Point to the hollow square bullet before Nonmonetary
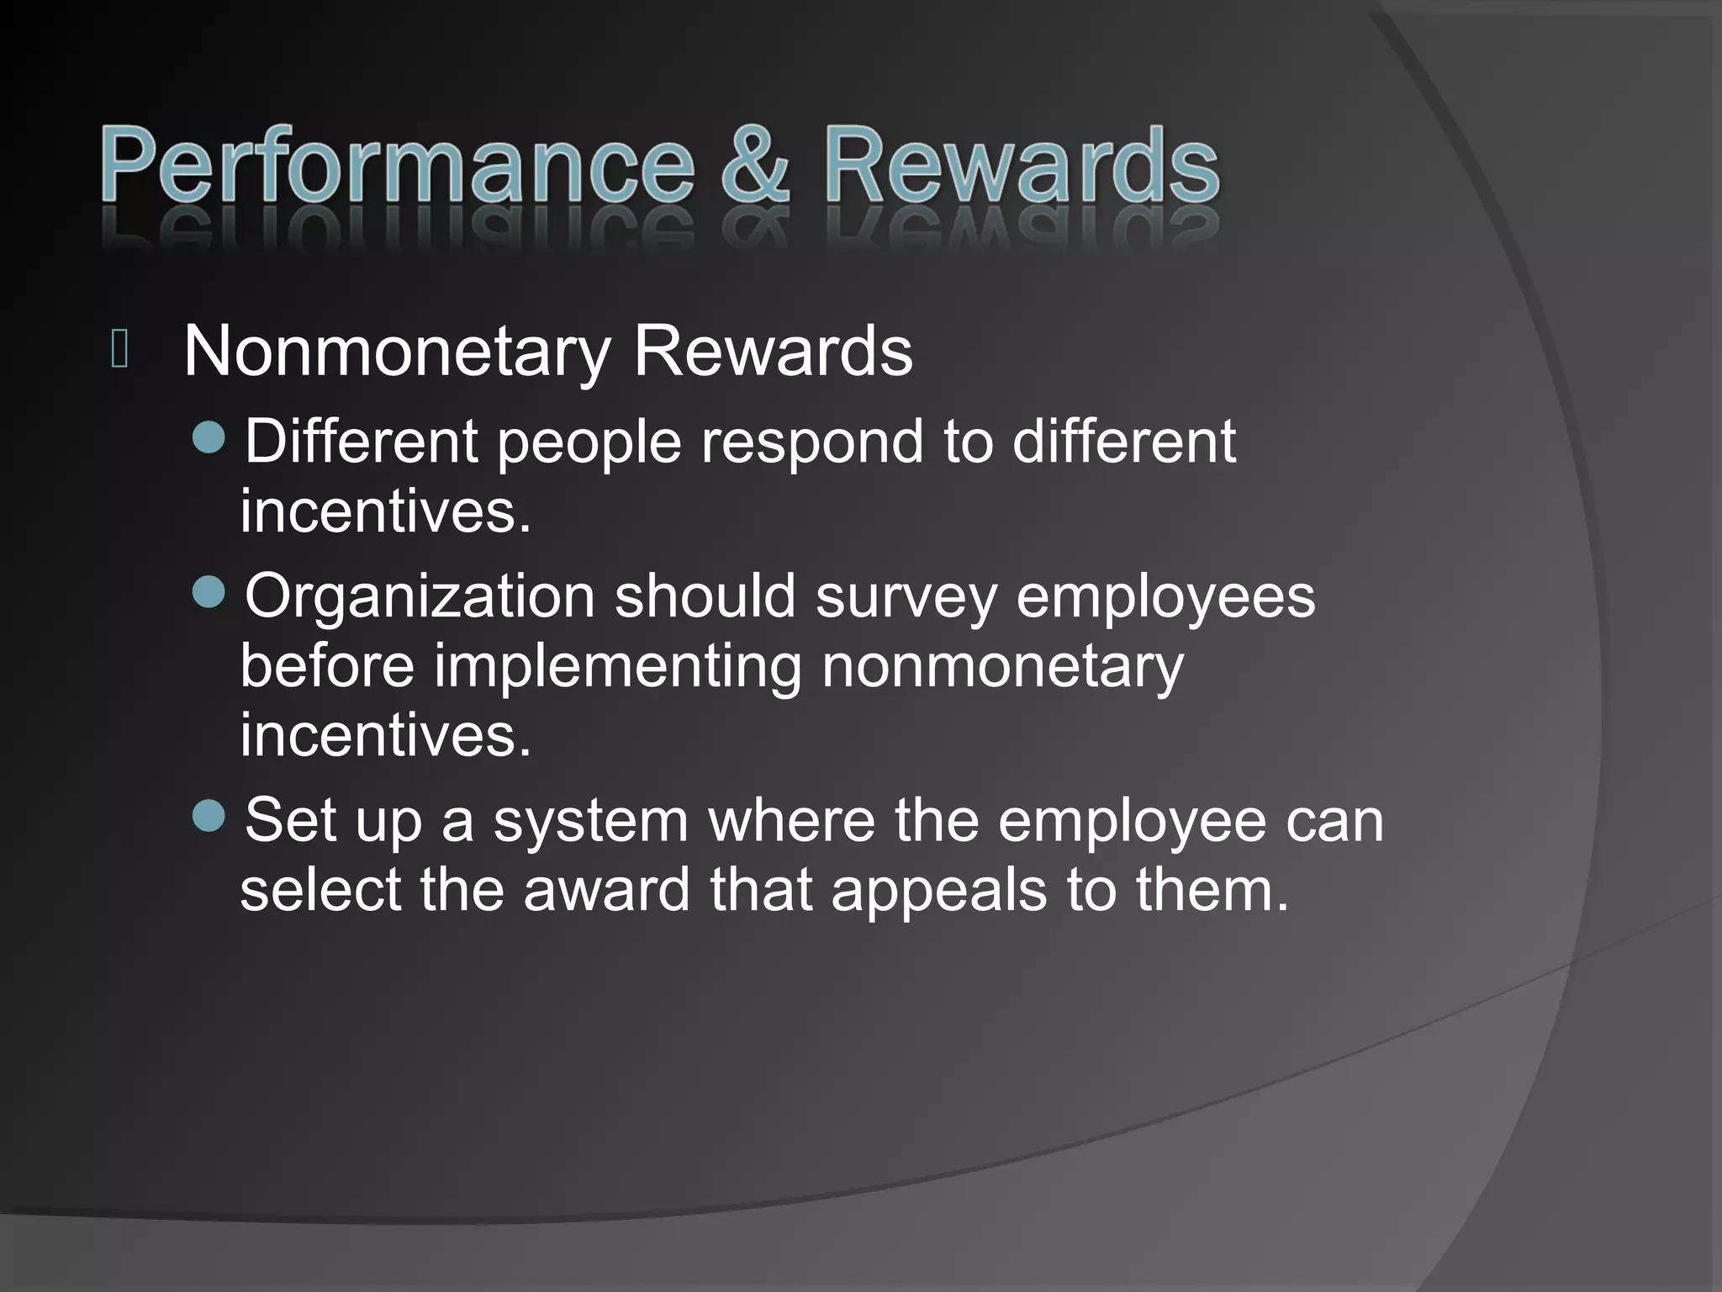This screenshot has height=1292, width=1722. coord(119,350)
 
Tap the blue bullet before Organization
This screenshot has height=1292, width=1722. coord(209,592)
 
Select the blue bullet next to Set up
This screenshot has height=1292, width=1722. coord(209,815)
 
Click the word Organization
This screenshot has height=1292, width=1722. coord(420,597)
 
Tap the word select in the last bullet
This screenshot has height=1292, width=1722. coord(320,890)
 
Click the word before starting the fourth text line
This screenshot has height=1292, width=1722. coord(327,666)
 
